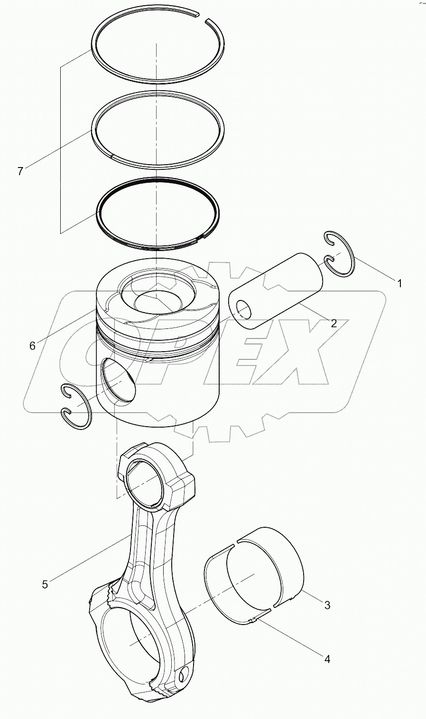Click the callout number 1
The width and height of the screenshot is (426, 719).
click(399, 283)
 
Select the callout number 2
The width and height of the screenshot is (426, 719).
click(333, 323)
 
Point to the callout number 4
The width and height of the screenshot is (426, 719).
click(326, 659)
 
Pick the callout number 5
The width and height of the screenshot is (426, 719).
click(45, 584)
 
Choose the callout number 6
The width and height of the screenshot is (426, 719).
click(32, 346)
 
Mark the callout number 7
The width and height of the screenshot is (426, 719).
click(20, 171)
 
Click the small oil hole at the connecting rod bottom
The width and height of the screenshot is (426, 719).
click(185, 673)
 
